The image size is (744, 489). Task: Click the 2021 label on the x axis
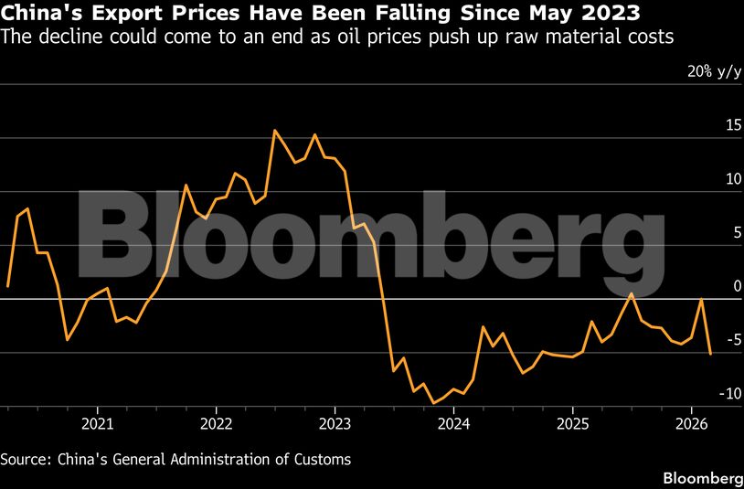click(x=96, y=423)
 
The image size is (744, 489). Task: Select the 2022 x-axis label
click(x=216, y=423)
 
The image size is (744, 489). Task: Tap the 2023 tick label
click(x=335, y=423)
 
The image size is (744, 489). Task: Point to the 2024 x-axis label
click(x=453, y=423)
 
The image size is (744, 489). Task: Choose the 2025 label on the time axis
click(x=572, y=423)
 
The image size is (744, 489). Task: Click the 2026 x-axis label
click(x=691, y=423)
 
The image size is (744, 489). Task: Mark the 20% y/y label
click(x=715, y=71)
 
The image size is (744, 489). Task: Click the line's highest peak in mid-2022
click(x=274, y=130)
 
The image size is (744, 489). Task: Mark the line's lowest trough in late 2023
click(x=433, y=402)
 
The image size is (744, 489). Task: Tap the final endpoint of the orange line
click(x=710, y=354)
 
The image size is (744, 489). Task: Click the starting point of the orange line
click(x=7, y=287)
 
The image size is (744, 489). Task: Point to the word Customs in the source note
click(x=320, y=459)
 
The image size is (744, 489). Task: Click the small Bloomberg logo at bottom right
click(x=702, y=478)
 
